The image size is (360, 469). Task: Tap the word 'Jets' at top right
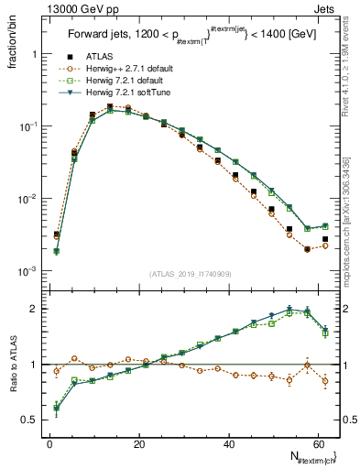326,10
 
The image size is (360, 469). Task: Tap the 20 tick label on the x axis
139,443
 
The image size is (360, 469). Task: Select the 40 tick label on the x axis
229,443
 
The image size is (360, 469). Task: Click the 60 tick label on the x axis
320,443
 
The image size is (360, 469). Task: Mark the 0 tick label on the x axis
49,443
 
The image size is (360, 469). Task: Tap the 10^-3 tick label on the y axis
24,271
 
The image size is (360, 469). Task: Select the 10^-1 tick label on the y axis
24,126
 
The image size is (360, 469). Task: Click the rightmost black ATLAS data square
325,239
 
